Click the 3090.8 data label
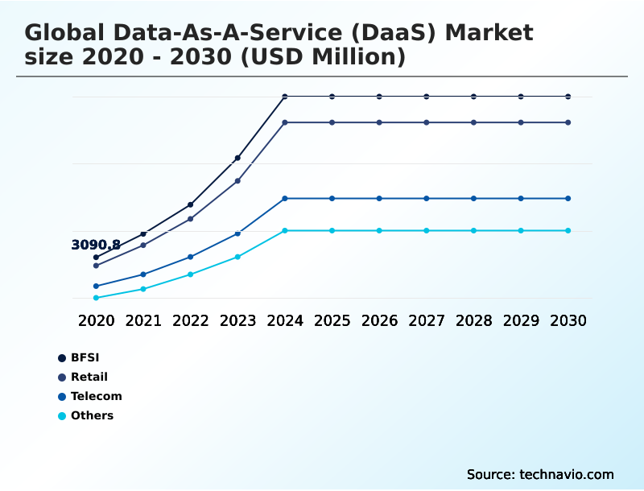coord(96,245)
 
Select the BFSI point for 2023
coord(237,158)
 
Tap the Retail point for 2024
coord(285,122)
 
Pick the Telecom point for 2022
coord(191,257)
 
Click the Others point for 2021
coord(143,289)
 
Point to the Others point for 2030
coord(568,230)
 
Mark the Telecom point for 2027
coord(427,198)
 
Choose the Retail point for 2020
coord(96,266)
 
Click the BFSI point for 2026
coord(379,97)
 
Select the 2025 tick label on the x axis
coord(332,320)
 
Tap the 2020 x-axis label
coord(96,320)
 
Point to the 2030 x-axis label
coord(568,320)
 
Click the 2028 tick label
coord(473,320)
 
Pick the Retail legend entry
coord(89,377)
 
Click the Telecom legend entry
coord(96,396)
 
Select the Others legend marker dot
coord(62,416)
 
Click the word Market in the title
coord(489,33)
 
